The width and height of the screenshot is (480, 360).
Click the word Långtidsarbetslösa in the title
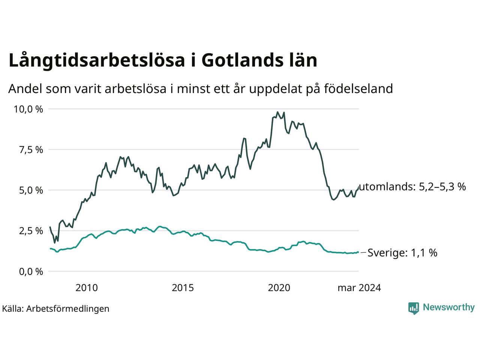(97, 60)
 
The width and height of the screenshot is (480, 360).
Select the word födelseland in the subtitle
(358, 89)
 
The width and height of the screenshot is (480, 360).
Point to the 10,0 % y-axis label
(28, 109)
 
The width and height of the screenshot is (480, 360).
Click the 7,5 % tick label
(31, 150)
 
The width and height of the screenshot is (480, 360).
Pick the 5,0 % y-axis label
(31, 190)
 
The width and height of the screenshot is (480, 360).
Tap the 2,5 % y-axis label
(31, 231)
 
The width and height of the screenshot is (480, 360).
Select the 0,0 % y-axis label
(31, 272)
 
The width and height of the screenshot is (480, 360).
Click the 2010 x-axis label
(87, 288)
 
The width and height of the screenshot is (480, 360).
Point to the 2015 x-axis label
(183, 288)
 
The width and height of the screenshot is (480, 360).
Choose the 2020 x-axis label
(279, 288)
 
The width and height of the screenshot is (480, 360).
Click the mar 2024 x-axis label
(359, 288)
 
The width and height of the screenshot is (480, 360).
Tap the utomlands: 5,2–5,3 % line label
(412, 187)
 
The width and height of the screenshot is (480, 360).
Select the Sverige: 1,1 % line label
(402, 253)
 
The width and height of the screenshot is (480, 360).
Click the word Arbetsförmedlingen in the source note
(67, 309)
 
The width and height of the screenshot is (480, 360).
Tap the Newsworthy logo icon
(414, 308)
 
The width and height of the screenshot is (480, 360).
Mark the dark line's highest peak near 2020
(277, 112)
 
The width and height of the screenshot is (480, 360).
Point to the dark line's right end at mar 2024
(358, 186)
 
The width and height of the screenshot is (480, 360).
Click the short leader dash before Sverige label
(363, 253)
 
